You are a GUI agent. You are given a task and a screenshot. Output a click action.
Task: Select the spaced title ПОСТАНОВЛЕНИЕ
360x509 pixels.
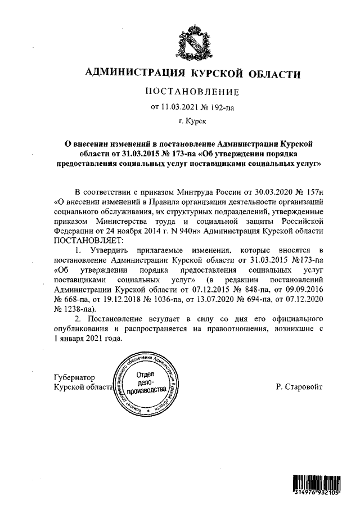(193, 92)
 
